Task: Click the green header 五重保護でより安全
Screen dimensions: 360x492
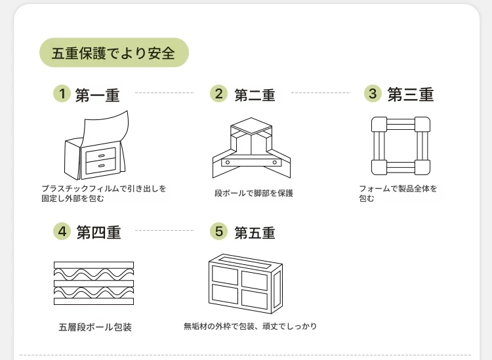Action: [x=113, y=53]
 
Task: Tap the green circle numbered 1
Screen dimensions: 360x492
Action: [x=62, y=94]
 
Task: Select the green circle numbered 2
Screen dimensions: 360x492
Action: [x=218, y=94]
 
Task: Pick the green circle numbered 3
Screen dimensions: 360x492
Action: [x=373, y=94]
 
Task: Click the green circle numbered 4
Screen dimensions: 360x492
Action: [x=62, y=231]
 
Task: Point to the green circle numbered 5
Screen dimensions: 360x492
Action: [x=218, y=231]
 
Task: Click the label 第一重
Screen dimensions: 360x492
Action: [x=98, y=95]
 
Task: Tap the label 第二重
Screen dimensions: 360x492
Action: [x=255, y=95]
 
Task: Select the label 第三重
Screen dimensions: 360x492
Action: [x=411, y=95]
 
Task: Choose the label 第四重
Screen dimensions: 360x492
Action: [x=98, y=232]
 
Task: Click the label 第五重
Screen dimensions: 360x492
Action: [x=255, y=232]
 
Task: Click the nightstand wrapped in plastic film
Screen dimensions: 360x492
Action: [x=95, y=148]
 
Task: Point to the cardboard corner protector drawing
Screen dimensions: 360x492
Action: [x=251, y=148]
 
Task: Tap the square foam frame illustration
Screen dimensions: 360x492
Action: [x=401, y=146]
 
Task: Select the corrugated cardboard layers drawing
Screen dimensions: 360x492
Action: [x=93, y=283]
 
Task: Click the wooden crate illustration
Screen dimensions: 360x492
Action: [x=245, y=283]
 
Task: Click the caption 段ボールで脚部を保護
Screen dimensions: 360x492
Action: [x=253, y=193]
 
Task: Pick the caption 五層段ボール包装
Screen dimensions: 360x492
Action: [x=94, y=327]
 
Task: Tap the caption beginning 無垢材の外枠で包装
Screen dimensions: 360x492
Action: [x=250, y=326]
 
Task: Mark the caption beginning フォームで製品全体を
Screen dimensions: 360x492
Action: [x=398, y=193]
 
